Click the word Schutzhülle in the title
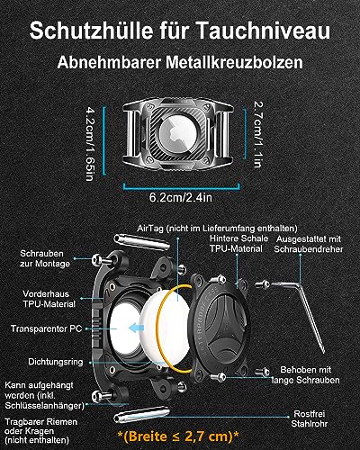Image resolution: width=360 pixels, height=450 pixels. [91, 31]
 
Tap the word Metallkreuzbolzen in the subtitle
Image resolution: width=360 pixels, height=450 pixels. [234, 62]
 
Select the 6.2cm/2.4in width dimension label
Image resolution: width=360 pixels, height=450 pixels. [181, 197]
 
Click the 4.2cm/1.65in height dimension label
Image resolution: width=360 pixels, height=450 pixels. [90, 143]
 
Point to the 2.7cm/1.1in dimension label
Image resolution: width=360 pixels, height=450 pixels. [258, 134]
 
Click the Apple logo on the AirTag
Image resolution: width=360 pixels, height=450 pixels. [174, 132]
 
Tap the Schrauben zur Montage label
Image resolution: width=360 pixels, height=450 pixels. [45, 258]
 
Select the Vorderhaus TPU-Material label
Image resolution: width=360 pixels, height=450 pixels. [49, 299]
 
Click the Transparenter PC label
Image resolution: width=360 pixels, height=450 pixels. [46, 328]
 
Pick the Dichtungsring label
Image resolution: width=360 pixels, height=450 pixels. [56, 362]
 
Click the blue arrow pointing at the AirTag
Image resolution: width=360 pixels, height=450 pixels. [137, 328]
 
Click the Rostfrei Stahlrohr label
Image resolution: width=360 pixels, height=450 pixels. [309, 418]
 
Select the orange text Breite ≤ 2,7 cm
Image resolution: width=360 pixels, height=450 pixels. [178, 436]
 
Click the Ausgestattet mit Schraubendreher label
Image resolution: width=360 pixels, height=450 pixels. [309, 244]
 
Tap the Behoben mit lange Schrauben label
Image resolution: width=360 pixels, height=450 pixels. [305, 374]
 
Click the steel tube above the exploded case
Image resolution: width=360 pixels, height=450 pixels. [142, 242]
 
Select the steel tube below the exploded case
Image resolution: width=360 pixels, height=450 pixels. [141, 415]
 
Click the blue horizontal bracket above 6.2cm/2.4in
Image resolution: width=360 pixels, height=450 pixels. [182, 187]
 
